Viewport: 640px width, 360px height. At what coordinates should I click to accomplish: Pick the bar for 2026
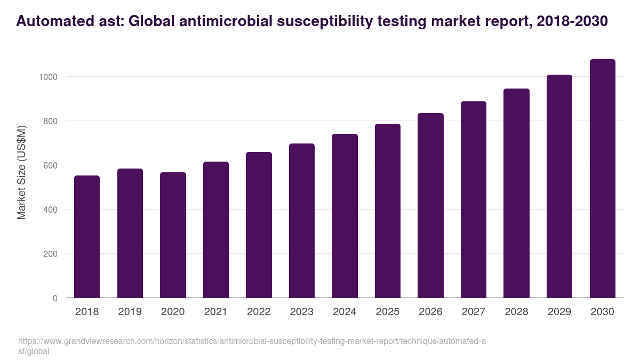point(430,205)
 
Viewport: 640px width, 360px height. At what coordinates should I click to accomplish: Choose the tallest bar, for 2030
point(602,178)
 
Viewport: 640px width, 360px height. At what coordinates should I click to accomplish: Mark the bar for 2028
point(516,193)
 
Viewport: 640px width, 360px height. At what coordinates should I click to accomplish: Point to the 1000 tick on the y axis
point(47,77)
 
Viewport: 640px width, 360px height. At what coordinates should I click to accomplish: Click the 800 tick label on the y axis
point(50,121)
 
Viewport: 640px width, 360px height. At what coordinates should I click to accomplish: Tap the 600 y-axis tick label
point(50,165)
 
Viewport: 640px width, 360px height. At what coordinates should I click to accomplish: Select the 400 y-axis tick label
point(50,210)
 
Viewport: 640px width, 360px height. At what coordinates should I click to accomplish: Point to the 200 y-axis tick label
point(50,254)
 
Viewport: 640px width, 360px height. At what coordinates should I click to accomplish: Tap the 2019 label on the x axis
point(130,312)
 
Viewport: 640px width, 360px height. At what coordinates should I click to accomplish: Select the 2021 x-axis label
point(215,312)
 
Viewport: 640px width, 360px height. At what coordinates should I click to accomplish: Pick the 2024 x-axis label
point(345,312)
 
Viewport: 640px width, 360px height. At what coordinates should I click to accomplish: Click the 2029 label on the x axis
point(559,312)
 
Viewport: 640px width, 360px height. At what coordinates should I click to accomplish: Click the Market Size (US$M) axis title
point(21,172)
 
